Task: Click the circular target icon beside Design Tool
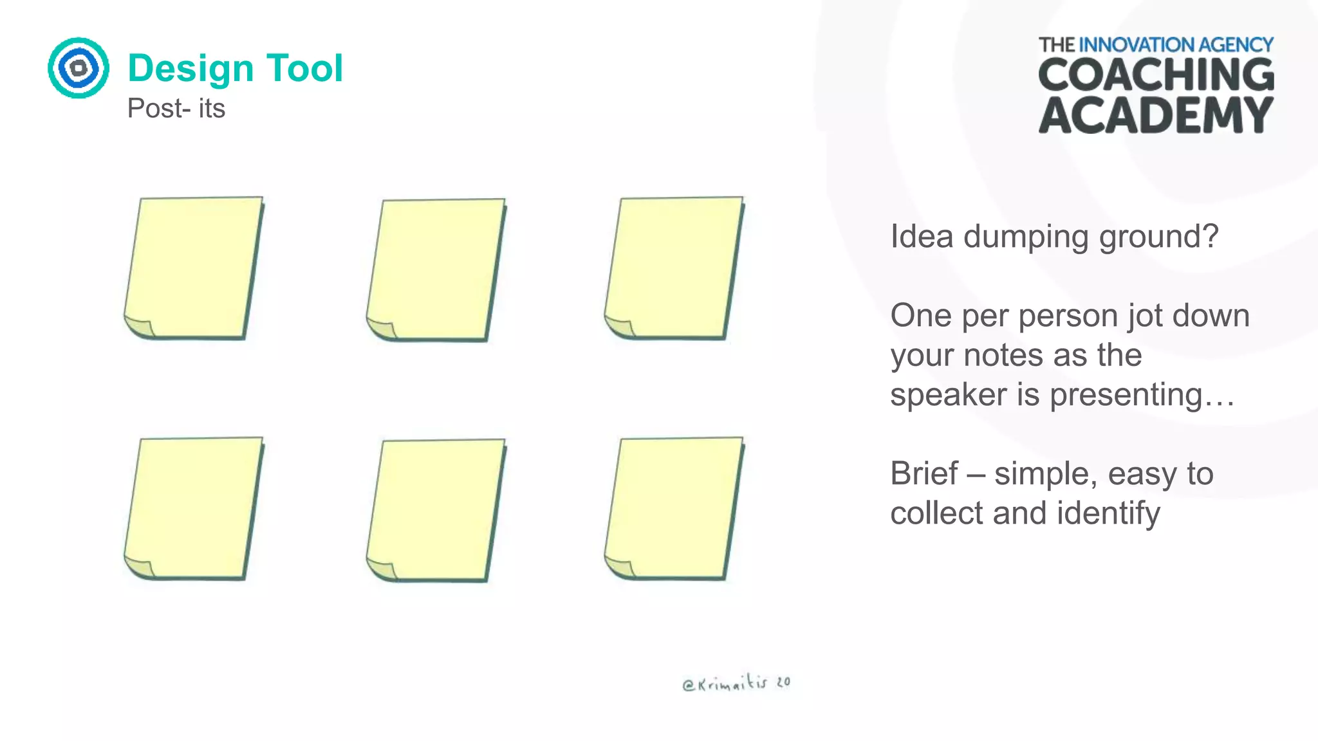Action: pos(79,68)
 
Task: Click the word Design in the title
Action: pos(190,68)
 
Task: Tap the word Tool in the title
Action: pos(304,68)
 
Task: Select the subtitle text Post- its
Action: pos(176,108)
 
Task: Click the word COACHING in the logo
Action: pos(1156,75)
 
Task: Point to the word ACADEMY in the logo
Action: pos(1156,116)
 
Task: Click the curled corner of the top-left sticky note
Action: pos(139,327)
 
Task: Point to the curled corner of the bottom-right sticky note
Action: pos(619,567)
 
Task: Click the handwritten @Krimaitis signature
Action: pos(736,684)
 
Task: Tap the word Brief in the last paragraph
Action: pos(924,474)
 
